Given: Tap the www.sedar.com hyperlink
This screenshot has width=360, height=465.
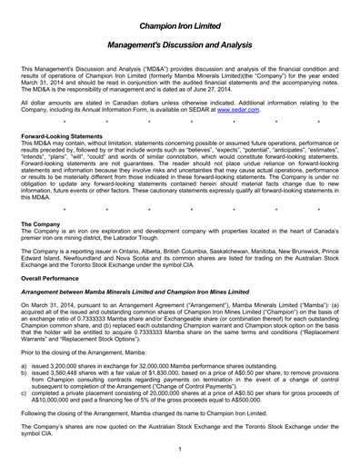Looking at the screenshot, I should point(273,110).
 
